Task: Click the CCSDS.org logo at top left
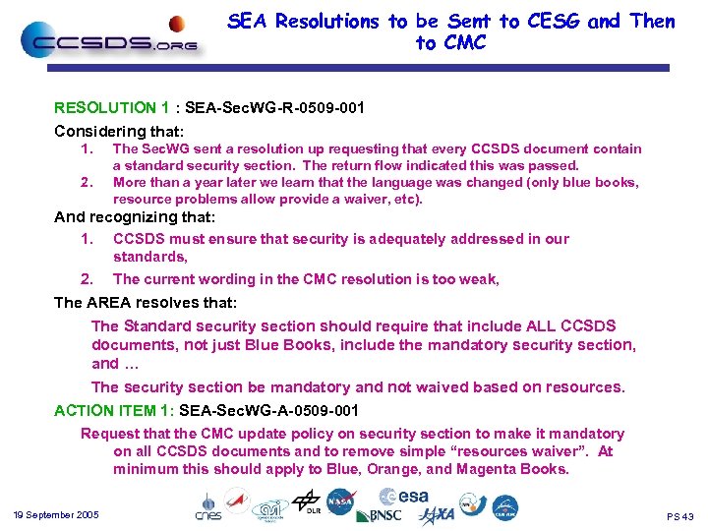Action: [108, 41]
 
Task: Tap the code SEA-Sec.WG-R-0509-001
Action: [257, 108]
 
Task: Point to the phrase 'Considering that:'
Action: [119, 130]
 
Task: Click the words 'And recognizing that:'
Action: [135, 216]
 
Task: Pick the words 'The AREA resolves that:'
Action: [146, 302]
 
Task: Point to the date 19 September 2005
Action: [57, 515]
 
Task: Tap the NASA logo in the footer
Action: [340, 501]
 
